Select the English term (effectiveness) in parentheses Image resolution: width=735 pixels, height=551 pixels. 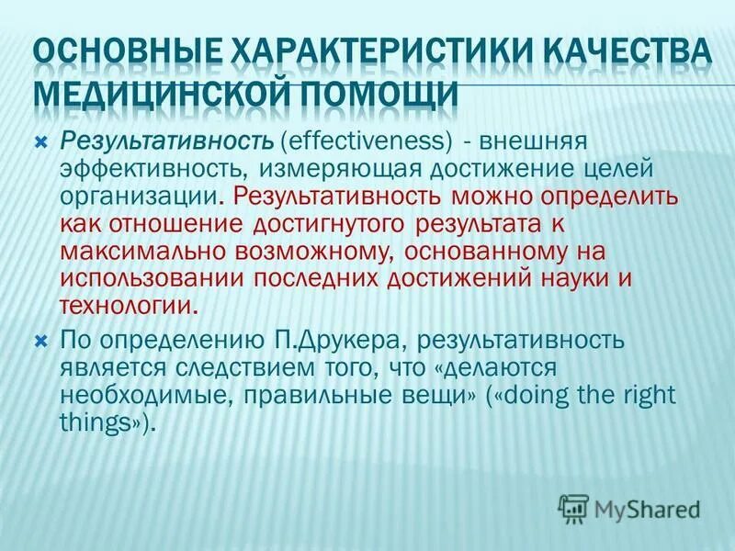367,142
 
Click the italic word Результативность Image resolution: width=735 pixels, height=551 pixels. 166,142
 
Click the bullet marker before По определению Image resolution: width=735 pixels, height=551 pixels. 40,342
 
